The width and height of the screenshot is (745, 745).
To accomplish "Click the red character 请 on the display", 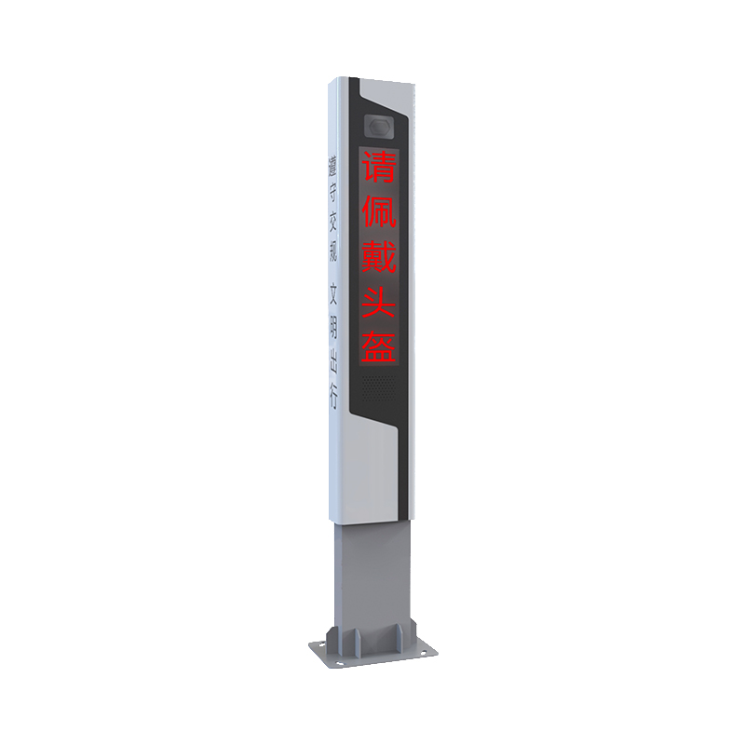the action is [379, 166].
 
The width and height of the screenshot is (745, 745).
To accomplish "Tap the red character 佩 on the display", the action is [379, 210].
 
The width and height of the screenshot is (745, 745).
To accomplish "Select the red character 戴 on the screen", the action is [379, 255].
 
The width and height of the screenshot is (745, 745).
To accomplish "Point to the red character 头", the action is [379, 300].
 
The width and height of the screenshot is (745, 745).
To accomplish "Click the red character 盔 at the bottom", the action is [379, 345].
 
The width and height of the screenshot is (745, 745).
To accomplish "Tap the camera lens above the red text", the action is [379, 128].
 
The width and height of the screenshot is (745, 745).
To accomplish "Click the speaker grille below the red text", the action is [379, 388].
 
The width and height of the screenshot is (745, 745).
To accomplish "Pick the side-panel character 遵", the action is [332, 165].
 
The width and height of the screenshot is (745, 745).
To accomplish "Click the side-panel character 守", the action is [332, 193].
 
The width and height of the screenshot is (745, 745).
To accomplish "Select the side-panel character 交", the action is [332, 222].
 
